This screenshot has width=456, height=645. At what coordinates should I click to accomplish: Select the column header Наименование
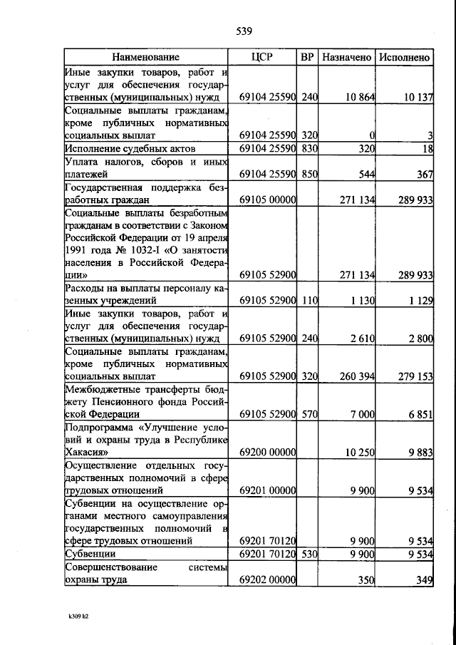pos(145,57)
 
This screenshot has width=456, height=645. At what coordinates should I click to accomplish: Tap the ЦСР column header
pos(263,57)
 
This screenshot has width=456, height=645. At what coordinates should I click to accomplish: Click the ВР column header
pos(307,57)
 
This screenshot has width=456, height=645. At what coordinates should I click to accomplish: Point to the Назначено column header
pos(346,57)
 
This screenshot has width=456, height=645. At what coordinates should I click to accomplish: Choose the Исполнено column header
pos(405,57)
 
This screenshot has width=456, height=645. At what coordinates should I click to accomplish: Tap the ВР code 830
pos(309,149)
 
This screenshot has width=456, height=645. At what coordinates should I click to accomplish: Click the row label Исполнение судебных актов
pos(130,149)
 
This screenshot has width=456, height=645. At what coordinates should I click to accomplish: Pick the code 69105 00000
pos(268,201)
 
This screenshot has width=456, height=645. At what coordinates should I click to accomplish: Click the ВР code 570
pos(309,414)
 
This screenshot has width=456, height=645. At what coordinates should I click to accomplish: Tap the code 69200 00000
pos(268,453)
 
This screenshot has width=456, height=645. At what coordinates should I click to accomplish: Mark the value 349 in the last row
pos(425,581)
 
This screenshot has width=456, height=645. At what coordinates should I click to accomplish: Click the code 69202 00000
pos(268,581)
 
